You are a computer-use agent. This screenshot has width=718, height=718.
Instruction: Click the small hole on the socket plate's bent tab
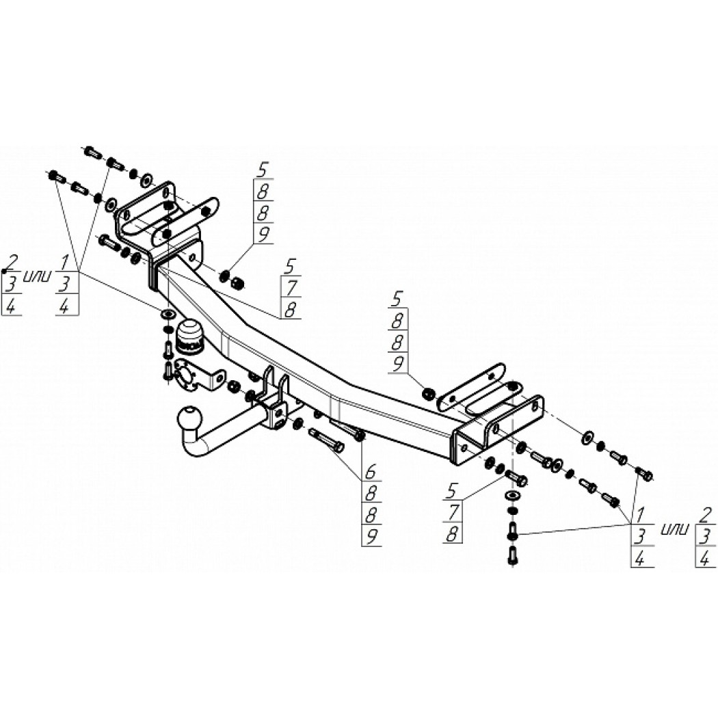point(220,379)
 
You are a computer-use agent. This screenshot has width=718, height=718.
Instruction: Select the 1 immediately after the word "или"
point(65,263)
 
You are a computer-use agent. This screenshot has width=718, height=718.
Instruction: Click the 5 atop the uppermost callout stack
point(262,170)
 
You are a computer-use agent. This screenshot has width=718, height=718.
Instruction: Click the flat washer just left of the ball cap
point(167,314)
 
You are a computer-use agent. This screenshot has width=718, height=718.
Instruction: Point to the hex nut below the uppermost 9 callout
point(238,284)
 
